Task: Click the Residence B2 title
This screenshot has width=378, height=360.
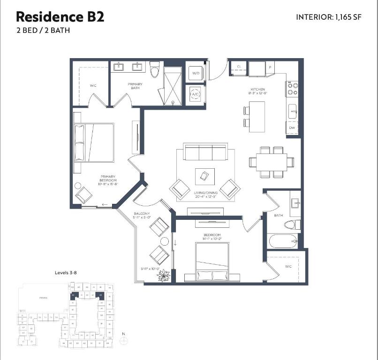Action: [x=60, y=17]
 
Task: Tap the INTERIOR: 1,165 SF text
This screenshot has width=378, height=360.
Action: [x=329, y=17]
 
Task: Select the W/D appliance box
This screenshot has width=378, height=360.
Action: [x=196, y=73]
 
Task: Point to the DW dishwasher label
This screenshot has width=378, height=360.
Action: [x=292, y=128]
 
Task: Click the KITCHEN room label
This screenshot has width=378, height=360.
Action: [x=257, y=89]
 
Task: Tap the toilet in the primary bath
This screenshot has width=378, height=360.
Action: [x=155, y=70]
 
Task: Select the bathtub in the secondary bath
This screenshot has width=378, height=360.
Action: [x=283, y=242]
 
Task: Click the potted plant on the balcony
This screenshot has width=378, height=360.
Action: [x=164, y=277]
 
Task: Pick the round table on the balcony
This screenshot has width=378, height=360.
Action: [x=165, y=242]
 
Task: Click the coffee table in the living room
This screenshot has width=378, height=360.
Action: [x=205, y=176]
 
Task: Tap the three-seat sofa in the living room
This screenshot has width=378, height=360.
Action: [x=205, y=152]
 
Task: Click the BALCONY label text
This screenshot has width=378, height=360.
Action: [x=141, y=213]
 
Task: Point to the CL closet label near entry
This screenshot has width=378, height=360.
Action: [x=239, y=67]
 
